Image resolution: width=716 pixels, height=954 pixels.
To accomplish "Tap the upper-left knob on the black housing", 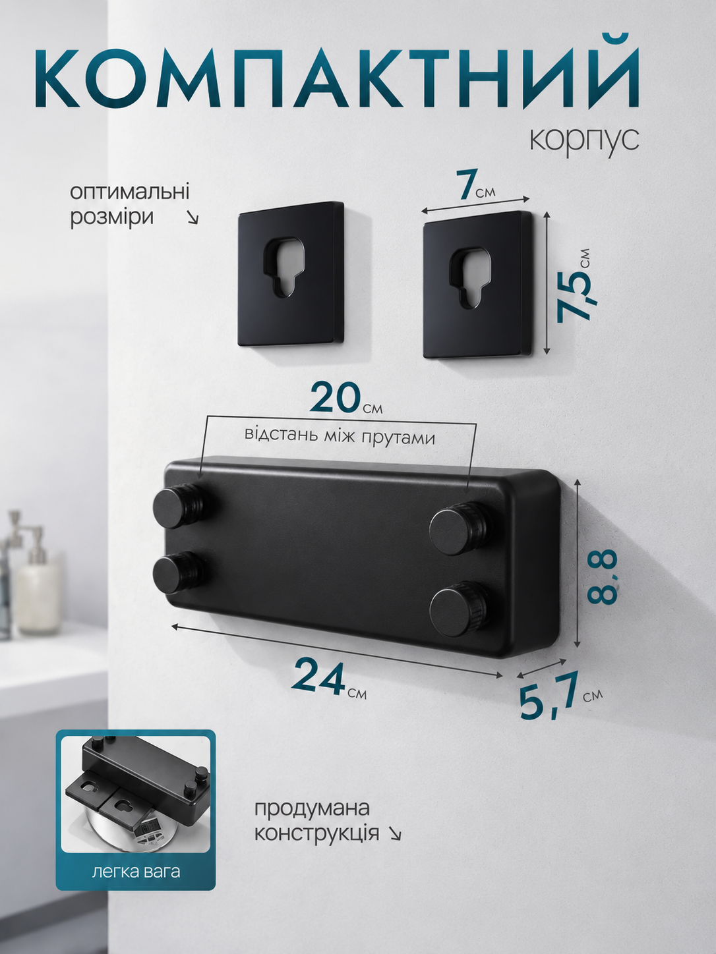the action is coord(177,508).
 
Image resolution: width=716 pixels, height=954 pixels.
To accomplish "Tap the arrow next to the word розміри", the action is coord(192,218).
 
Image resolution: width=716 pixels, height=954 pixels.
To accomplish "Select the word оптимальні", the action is coord(129,192).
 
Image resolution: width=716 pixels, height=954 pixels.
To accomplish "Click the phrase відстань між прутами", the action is coord(340,436).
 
